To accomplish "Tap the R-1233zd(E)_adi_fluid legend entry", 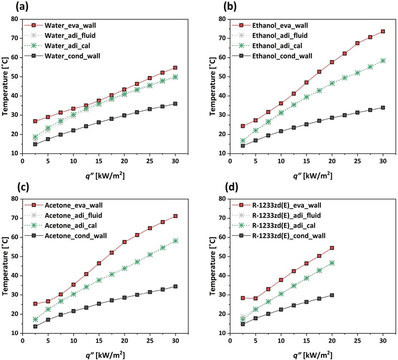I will pyautogui.click(x=282, y=215).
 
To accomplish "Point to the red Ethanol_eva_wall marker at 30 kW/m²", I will pyautogui.click(x=383, y=31).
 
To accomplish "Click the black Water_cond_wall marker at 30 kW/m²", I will pyautogui.click(x=175, y=103).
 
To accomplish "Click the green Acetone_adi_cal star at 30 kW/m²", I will pyautogui.click(x=175, y=241).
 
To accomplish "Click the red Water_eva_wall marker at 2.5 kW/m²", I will pyautogui.click(x=35, y=121).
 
